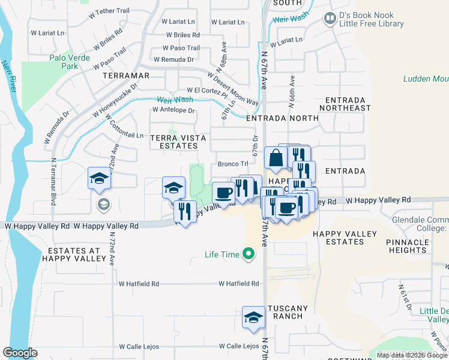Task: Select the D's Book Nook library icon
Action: [330, 19]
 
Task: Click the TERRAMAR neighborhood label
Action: [125, 76]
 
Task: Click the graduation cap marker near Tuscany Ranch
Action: [253, 317]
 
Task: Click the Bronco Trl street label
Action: [233, 164]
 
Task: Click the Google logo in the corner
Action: [20, 353]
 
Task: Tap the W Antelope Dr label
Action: [173, 110]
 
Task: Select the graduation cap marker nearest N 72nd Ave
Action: [100, 178]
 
